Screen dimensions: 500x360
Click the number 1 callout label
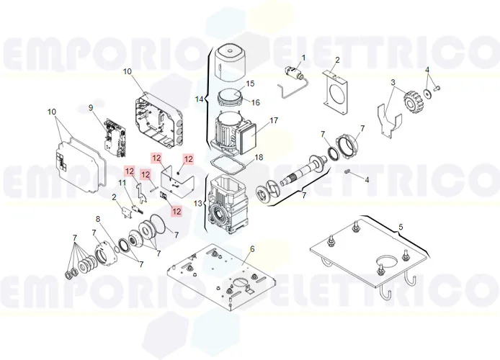[x=303, y=58]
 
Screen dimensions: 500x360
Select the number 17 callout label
[x=274, y=120]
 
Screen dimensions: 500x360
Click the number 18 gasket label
[x=259, y=158]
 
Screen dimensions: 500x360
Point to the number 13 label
[x=198, y=203]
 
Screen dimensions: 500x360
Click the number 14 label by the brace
[x=200, y=99]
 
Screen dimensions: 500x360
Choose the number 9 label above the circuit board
[x=91, y=108]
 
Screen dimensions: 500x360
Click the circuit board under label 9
[x=115, y=138]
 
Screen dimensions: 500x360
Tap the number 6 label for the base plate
[x=252, y=249]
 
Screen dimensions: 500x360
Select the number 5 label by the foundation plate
[x=401, y=227]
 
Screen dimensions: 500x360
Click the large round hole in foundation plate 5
[x=388, y=260]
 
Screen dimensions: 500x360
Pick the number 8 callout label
[x=98, y=219]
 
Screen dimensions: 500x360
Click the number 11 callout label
[x=122, y=183]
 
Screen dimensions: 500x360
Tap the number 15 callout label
[x=250, y=84]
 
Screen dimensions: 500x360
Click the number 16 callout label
[x=256, y=102]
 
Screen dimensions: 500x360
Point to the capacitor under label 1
[x=295, y=73]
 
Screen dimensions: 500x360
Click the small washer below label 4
[x=428, y=93]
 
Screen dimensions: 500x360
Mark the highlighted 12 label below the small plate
[x=177, y=211]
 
